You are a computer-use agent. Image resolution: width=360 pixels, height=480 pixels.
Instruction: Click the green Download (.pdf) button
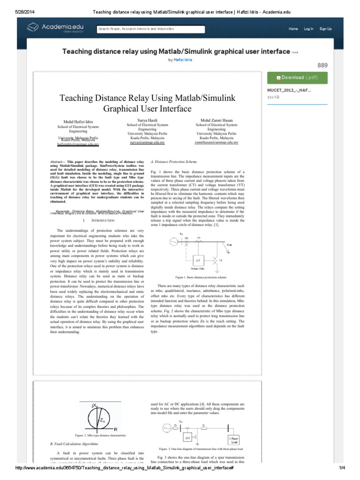(x=297, y=77)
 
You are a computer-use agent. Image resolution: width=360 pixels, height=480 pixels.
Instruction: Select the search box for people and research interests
(x=150, y=29)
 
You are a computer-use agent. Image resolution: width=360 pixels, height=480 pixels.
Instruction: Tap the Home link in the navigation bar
(x=293, y=29)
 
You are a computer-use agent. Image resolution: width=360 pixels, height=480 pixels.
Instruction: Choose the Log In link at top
(x=308, y=29)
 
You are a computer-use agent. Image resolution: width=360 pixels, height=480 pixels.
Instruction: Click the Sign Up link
(x=325, y=29)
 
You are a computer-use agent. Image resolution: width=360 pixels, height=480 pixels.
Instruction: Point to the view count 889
(x=322, y=65)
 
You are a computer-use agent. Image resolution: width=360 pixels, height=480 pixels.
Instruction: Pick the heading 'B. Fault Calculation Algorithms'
(x=74, y=443)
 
